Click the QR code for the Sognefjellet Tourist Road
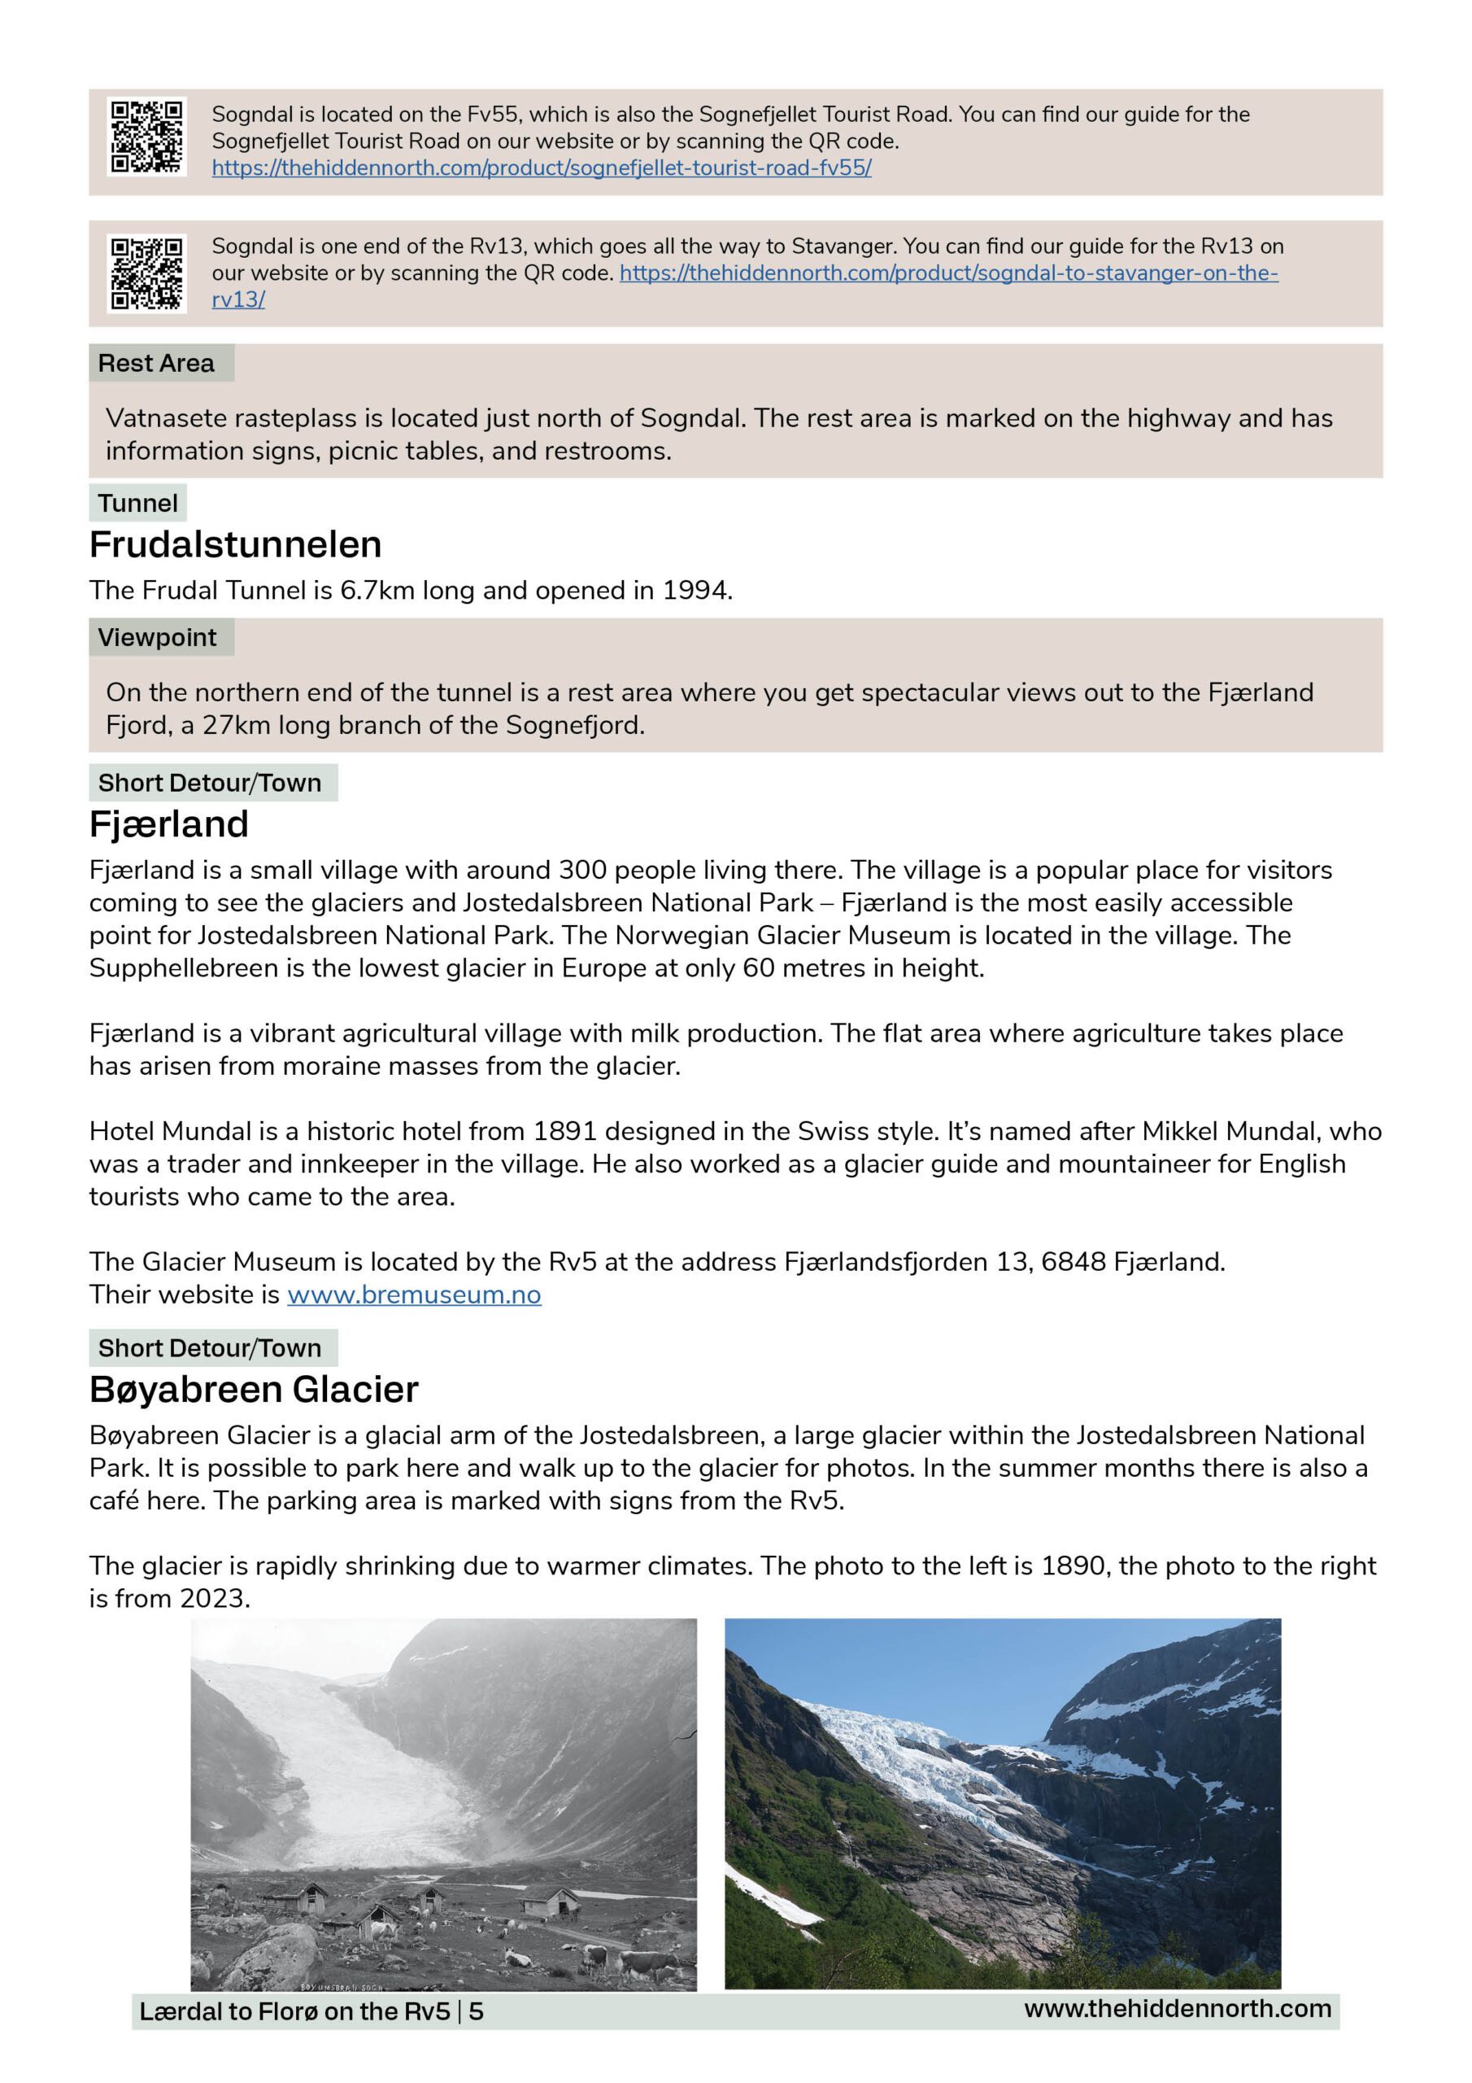[x=147, y=137]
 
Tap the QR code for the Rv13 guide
[x=147, y=273]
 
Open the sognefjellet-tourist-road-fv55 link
[x=542, y=168]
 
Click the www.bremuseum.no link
[x=414, y=1295]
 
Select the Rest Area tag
[x=157, y=363]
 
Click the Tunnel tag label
[x=138, y=504]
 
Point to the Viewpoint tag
[x=158, y=638]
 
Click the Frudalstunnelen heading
[x=235, y=544]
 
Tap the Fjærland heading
[x=168, y=823]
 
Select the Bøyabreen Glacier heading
[x=254, y=1389]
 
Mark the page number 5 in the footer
[x=476, y=2011]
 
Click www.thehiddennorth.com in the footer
[x=1178, y=2009]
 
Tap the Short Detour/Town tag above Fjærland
[x=211, y=783]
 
